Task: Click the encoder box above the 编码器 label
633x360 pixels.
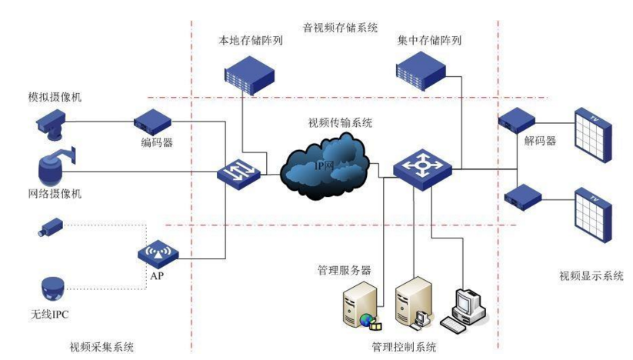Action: pyautogui.click(x=150, y=121)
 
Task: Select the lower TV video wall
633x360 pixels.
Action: pyautogui.click(x=594, y=219)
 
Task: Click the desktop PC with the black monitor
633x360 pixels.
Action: pyautogui.click(x=468, y=305)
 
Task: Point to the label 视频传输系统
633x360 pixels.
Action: pyautogui.click(x=340, y=123)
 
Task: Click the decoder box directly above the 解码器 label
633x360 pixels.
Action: pyautogui.click(x=516, y=120)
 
